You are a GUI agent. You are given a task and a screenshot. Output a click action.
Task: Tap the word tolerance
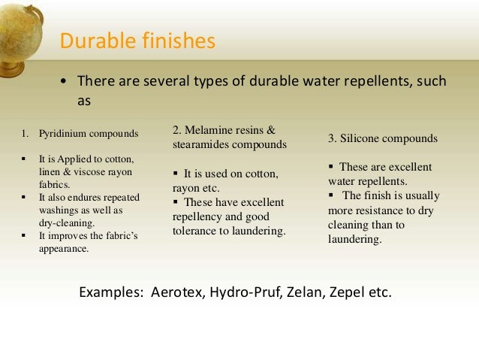click(196, 231)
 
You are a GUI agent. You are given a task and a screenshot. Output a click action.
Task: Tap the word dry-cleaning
click(66, 222)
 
